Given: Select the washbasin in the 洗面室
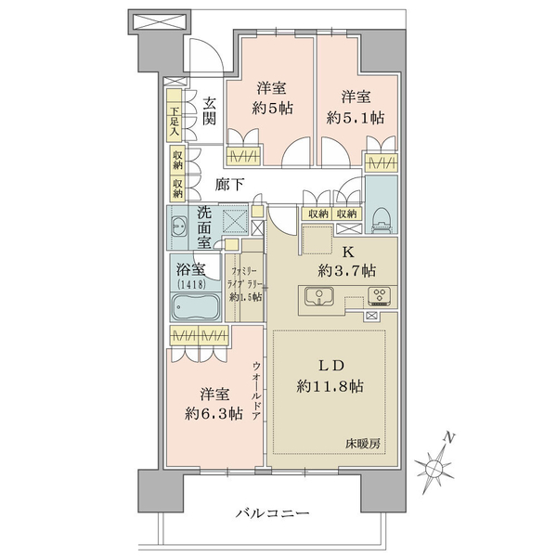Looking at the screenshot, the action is pos(178,226).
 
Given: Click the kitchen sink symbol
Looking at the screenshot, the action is pos(319,295).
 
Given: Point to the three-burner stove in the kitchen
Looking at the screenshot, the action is pos(380,295).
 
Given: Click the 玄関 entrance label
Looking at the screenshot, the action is pos(209,110).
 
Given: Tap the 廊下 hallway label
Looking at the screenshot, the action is pos(229,185).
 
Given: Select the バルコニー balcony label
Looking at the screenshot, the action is pos(272,512).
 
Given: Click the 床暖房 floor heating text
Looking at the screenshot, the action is pos(363,444).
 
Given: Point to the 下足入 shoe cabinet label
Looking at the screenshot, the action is pos(175,122).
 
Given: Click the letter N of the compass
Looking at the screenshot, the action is pos(449,438).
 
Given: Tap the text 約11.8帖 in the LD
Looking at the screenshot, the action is pos(330,386).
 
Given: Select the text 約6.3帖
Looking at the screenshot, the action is pos(214,413).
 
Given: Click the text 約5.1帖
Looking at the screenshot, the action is pos(355,118).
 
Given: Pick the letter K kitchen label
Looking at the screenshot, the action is pos(347,253).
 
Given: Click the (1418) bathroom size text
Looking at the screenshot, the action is pos(191,284).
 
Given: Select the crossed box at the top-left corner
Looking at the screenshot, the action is pos(159,22).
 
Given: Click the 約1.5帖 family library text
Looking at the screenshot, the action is pos(245,297).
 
